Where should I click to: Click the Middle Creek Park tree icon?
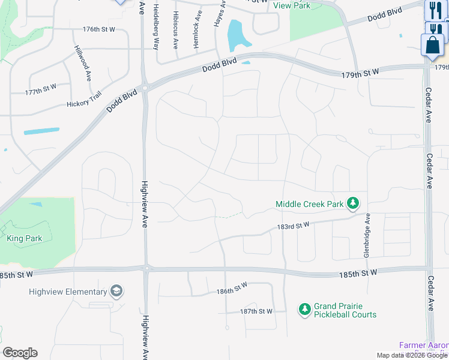click(x=354, y=204)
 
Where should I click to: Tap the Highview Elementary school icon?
click(x=116, y=292)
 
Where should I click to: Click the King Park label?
click(x=25, y=238)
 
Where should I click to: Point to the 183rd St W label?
click(x=293, y=226)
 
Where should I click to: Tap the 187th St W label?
click(x=256, y=311)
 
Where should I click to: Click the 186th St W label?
click(x=232, y=289)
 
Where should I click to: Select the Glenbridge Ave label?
click(x=366, y=237)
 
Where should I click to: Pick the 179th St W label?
click(x=360, y=73)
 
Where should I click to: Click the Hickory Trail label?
click(x=86, y=104)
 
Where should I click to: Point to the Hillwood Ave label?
click(x=82, y=63)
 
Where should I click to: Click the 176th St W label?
click(x=99, y=29)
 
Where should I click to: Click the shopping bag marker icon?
click(x=432, y=46)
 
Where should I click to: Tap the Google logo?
click(x=20, y=353)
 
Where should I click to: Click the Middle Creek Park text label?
click(x=310, y=204)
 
